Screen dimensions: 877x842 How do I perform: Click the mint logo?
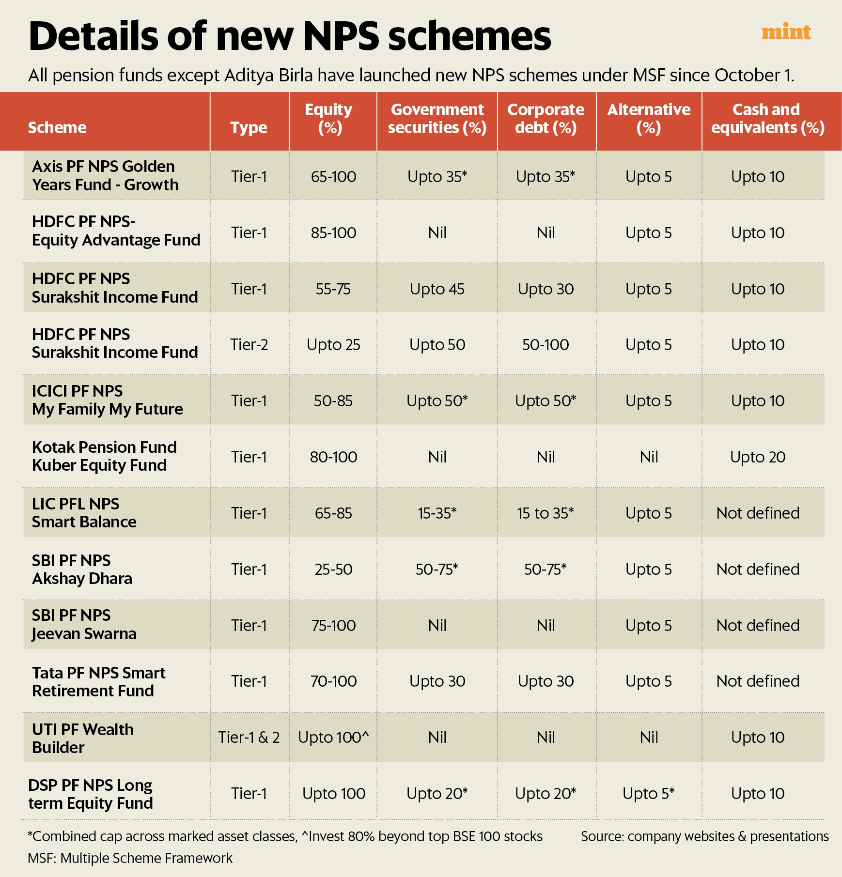coord(786,32)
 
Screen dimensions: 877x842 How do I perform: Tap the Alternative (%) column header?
coord(649,119)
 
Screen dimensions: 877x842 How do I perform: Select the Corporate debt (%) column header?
coord(546,119)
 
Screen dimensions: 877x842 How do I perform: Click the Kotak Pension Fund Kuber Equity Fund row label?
coord(104,456)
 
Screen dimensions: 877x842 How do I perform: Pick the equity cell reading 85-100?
coord(333,233)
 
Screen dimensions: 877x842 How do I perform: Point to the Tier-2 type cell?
coord(249,345)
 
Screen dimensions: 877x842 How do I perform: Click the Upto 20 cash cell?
coord(758,457)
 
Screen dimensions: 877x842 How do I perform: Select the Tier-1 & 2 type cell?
coord(249,738)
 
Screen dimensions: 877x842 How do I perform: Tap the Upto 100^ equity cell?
coord(333,738)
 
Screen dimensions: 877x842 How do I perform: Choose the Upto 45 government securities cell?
coord(437,289)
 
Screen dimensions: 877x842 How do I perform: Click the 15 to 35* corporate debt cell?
coord(546,513)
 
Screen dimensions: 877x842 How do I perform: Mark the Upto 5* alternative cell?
coord(649,794)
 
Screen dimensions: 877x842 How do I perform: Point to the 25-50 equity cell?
coord(333,569)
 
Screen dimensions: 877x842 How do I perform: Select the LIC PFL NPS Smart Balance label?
coord(84,513)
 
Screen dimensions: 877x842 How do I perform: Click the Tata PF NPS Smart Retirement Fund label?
coord(99,682)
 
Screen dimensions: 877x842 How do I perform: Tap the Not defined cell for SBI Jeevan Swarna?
coord(758,626)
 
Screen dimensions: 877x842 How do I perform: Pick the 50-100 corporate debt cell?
coord(546,345)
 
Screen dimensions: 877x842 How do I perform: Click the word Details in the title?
coord(94,36)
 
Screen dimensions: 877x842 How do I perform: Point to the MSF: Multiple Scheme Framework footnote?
coord(130,858)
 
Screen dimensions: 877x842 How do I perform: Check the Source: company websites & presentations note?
coord(704,836)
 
